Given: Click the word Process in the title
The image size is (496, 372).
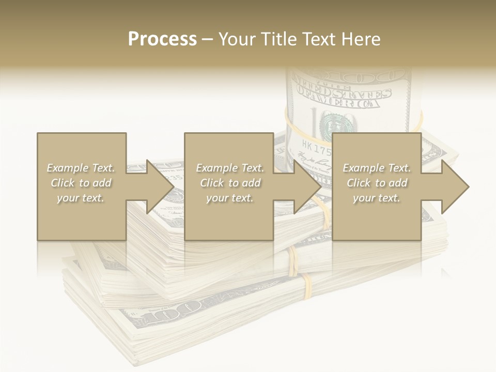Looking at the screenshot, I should click(162, 39).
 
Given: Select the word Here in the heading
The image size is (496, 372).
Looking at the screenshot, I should click(361, 39).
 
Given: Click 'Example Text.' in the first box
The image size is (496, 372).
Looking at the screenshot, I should click(81, 168).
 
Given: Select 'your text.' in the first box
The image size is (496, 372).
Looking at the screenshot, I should click(81, 198).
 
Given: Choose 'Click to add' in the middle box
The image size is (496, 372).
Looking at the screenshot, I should click(230, 183).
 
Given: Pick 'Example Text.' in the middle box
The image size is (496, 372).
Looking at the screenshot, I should click(230, 168).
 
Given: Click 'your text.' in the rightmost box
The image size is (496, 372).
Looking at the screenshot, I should click(377, 198).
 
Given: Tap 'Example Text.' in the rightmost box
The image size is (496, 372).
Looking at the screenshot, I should click(377, 168).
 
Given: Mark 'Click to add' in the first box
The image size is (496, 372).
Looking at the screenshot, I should click(81, 183).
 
